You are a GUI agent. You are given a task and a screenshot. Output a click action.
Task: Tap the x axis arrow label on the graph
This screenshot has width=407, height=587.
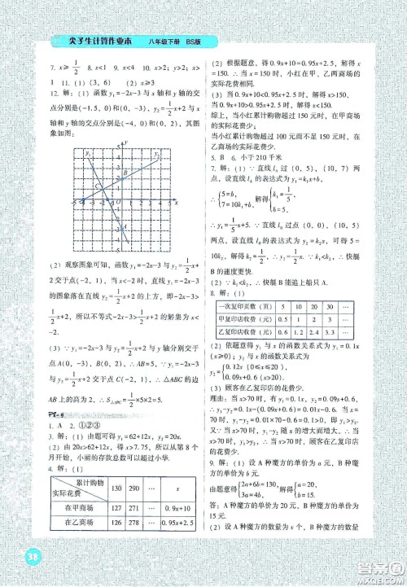coord(177,202)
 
